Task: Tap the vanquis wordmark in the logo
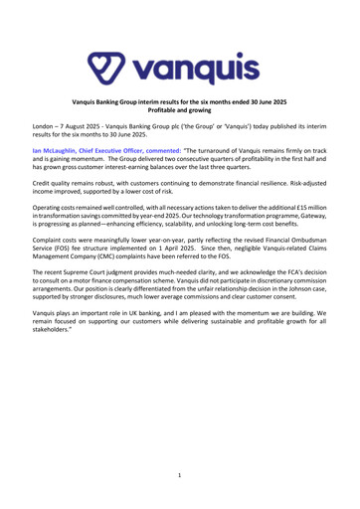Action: click(x=196, y=42)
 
